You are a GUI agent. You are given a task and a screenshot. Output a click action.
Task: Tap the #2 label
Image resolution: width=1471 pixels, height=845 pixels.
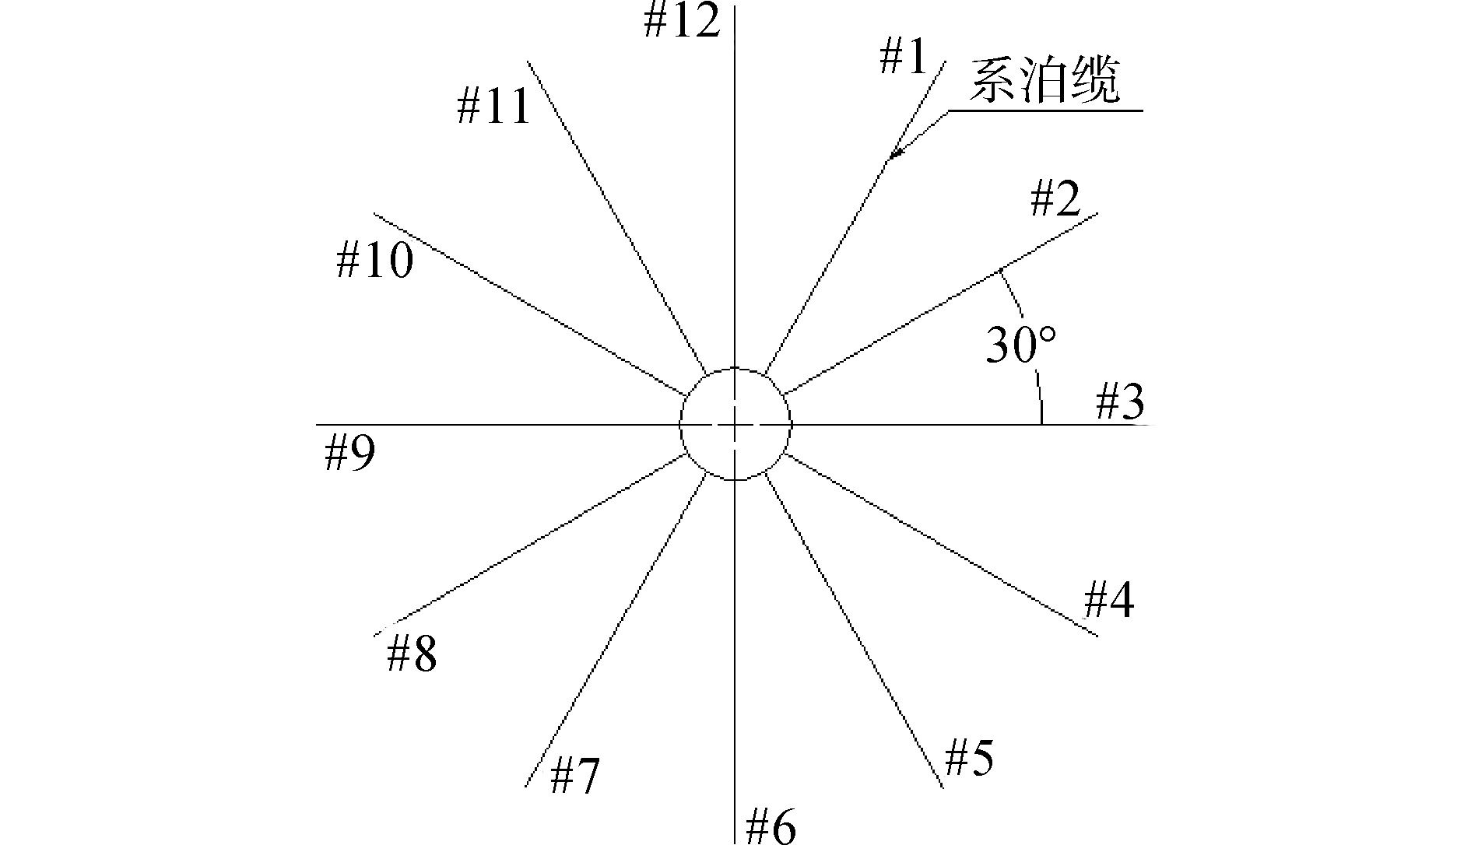(1056, 199)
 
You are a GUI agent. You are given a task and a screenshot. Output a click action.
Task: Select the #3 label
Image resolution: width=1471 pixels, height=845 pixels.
(1121, 403)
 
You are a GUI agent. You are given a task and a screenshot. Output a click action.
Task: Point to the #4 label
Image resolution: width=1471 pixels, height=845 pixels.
(1109, 601)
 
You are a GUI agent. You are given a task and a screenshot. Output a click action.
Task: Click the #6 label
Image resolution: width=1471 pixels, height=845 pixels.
(771, 826)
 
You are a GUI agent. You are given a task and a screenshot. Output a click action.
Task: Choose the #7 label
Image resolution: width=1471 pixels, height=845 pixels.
(575, 776)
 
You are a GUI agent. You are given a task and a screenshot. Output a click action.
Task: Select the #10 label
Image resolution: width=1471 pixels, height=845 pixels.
(375, 260)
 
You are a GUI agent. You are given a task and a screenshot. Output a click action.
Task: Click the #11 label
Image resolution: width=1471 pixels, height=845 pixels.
(493, 106)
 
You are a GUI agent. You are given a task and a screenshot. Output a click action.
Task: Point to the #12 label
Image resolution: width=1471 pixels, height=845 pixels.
(682, 22)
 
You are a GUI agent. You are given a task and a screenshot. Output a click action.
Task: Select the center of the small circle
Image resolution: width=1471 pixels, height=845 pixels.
(735, 424)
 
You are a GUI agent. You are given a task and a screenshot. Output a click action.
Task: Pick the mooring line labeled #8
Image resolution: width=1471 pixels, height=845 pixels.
(529, 545)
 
